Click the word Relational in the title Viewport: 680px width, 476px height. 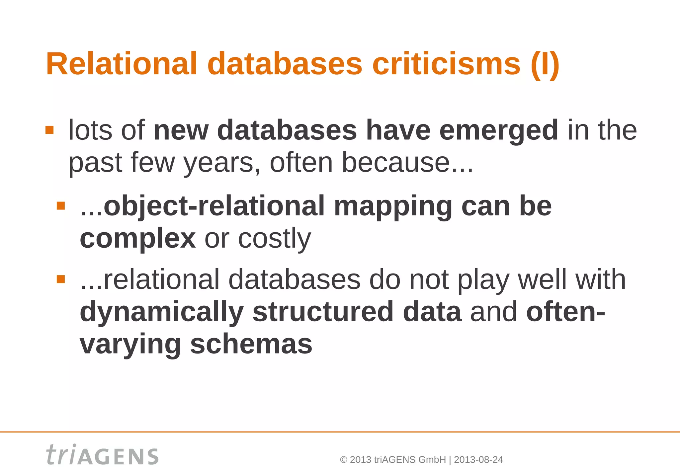tap(122, 64)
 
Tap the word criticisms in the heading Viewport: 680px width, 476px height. tap(446, 64)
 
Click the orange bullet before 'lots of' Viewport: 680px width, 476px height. tap(49, 130)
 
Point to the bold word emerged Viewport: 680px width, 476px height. tap(498, 130)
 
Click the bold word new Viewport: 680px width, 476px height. tap(181, 130)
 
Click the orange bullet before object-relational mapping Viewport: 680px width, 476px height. tap(61, 206)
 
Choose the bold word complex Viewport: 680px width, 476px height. tap(137, 238)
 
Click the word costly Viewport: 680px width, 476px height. tap(275, 238)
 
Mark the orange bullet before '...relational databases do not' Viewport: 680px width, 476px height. tap(61, 279)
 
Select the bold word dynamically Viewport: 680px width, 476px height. tap(162, 312)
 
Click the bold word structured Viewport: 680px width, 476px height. tap(323, 312)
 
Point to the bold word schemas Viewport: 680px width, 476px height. tap(251, 344)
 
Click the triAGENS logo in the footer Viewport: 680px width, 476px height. tap(103, 455)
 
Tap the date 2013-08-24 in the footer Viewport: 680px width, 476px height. tap(478, 460)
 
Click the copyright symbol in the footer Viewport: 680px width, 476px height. tap(344, 460)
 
